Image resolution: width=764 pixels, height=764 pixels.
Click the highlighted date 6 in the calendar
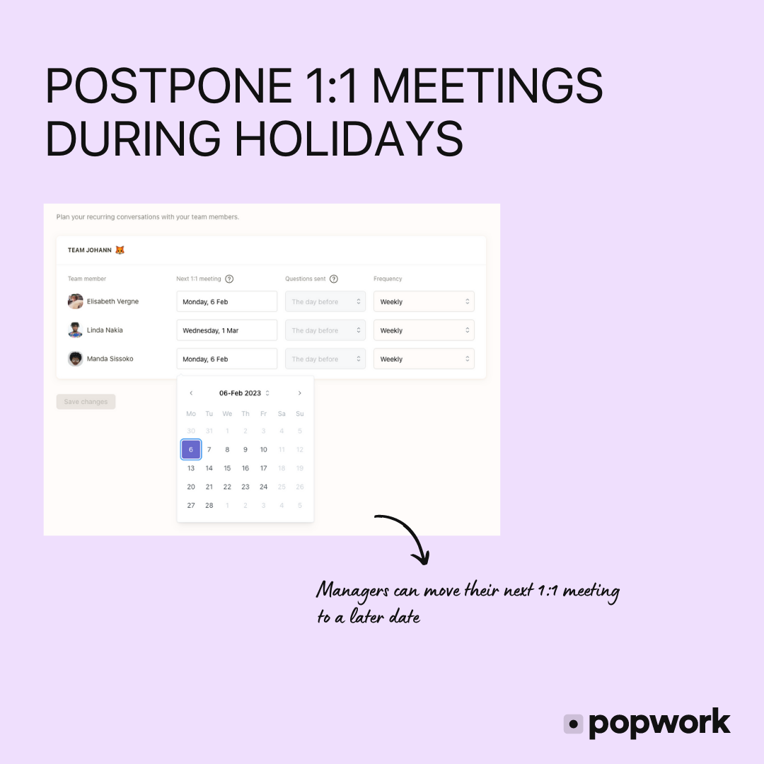tap(191, 449)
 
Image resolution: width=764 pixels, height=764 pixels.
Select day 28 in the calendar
tap(209, 505)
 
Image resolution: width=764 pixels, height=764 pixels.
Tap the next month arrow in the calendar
tap(300, 393)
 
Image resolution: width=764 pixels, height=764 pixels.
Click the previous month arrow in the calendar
tap(191, 393)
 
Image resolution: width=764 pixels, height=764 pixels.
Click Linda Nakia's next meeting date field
tap(226, 330)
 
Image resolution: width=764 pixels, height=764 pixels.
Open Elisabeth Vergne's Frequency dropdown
tap(424, 301)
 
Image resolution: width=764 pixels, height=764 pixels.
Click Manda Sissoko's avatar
tap(76, 359)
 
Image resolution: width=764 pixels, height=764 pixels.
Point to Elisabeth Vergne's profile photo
tap(76, 301)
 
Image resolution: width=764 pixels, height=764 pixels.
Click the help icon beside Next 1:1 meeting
tap(229, 279)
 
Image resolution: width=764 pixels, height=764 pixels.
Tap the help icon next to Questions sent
tap(334, 279)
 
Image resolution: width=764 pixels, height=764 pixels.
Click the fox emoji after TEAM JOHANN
tap(120, 250)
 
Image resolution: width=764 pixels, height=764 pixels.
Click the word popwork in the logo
tap(659, 722)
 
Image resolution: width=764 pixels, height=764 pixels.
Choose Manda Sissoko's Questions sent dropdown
tap(325, 359)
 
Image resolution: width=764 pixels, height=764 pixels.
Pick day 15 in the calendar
tap(227, 468)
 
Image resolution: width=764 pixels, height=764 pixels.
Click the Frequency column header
tap(388, 279)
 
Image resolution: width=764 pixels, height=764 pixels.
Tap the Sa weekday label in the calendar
tap(282, 414)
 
